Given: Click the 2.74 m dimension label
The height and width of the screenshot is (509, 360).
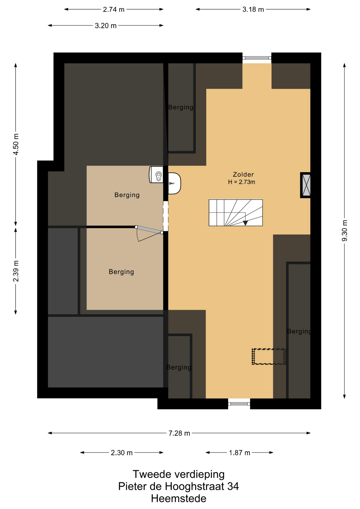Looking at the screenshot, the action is pos(114,10).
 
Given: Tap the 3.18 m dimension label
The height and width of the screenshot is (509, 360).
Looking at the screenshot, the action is pos(253,10).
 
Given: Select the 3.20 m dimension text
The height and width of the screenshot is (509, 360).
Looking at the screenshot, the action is pos(106,26).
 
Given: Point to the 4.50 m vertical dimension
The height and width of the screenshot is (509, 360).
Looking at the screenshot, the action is pos(16,144).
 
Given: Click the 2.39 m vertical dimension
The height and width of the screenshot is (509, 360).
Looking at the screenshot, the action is pos(16,271).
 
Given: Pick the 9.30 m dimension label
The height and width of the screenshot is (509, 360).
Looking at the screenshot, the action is pos(345,231).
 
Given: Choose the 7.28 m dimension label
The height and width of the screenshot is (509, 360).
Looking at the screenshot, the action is pos(179,433).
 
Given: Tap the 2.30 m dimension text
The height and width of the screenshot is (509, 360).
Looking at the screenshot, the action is pos(122,453).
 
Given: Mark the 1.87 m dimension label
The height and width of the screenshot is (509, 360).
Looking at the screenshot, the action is pos(240,453).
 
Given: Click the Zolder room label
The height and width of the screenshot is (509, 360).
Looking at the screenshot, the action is pos(243,174).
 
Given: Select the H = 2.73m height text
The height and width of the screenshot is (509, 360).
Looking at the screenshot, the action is pos(242,182).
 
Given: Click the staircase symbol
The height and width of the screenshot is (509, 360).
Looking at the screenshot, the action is pos(236,213).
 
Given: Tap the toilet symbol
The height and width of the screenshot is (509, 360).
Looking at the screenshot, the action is pos(156,174).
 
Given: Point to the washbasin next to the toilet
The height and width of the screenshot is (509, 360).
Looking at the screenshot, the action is pos(174,183).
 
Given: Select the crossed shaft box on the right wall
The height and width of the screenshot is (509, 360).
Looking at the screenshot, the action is pos(305,185).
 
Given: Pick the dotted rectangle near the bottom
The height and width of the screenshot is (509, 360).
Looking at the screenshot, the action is pos(269,357).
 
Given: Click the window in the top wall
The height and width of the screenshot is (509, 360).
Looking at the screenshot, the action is pos(257,58).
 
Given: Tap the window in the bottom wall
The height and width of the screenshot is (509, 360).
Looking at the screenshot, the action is pos(239,404).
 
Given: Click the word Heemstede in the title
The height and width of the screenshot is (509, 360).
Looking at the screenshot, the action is pos(179,499).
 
